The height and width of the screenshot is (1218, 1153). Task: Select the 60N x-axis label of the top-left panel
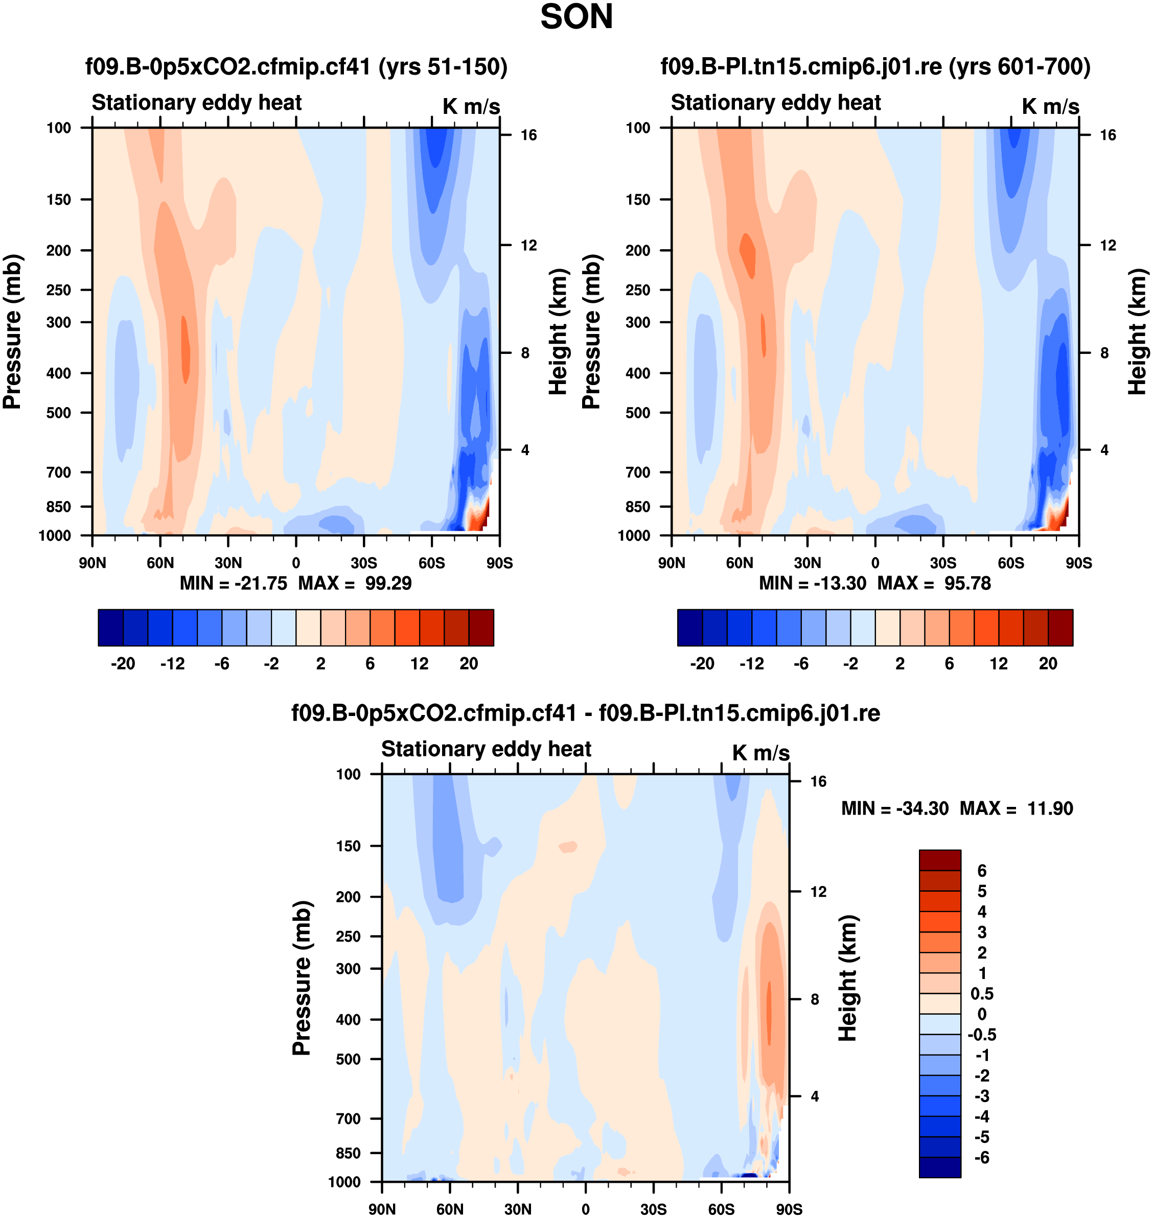pyautogui.click(x=160, y=563)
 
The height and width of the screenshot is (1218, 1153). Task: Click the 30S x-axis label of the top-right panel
pyautogui.click(x=943, y=563)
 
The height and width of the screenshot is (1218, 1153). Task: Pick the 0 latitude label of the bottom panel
pyautogui.click(x=585, y=1209)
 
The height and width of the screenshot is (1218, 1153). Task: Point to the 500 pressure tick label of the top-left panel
pyautogui.click(x=58, y=413)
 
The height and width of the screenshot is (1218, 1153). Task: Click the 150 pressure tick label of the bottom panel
pyautogui.click(x=348, y=846)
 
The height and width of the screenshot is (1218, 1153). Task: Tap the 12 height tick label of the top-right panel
pyautogui.click(x=1108, y=246)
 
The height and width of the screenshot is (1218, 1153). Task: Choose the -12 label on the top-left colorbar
pyautogui.click(x=172, y=663)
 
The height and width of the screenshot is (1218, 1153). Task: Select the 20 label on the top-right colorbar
pyautogui.click(x=1048, y=663)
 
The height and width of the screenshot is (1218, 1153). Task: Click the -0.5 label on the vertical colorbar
pyautogui.click(x=981, y=1034)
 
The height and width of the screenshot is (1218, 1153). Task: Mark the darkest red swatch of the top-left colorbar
pyautogui.click(x=480, y=627)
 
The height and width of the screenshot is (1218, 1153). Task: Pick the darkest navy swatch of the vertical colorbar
pyautogui.click(x=940, y=1167)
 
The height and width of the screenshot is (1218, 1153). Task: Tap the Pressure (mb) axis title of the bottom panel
pyautogui.click(x=301, y=978)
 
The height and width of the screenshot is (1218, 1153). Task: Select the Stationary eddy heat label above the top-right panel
pyautogui.click(x=776, y=103)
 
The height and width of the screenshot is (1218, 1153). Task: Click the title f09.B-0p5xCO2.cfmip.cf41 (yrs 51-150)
pyautogui.click(x=296, y=66)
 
